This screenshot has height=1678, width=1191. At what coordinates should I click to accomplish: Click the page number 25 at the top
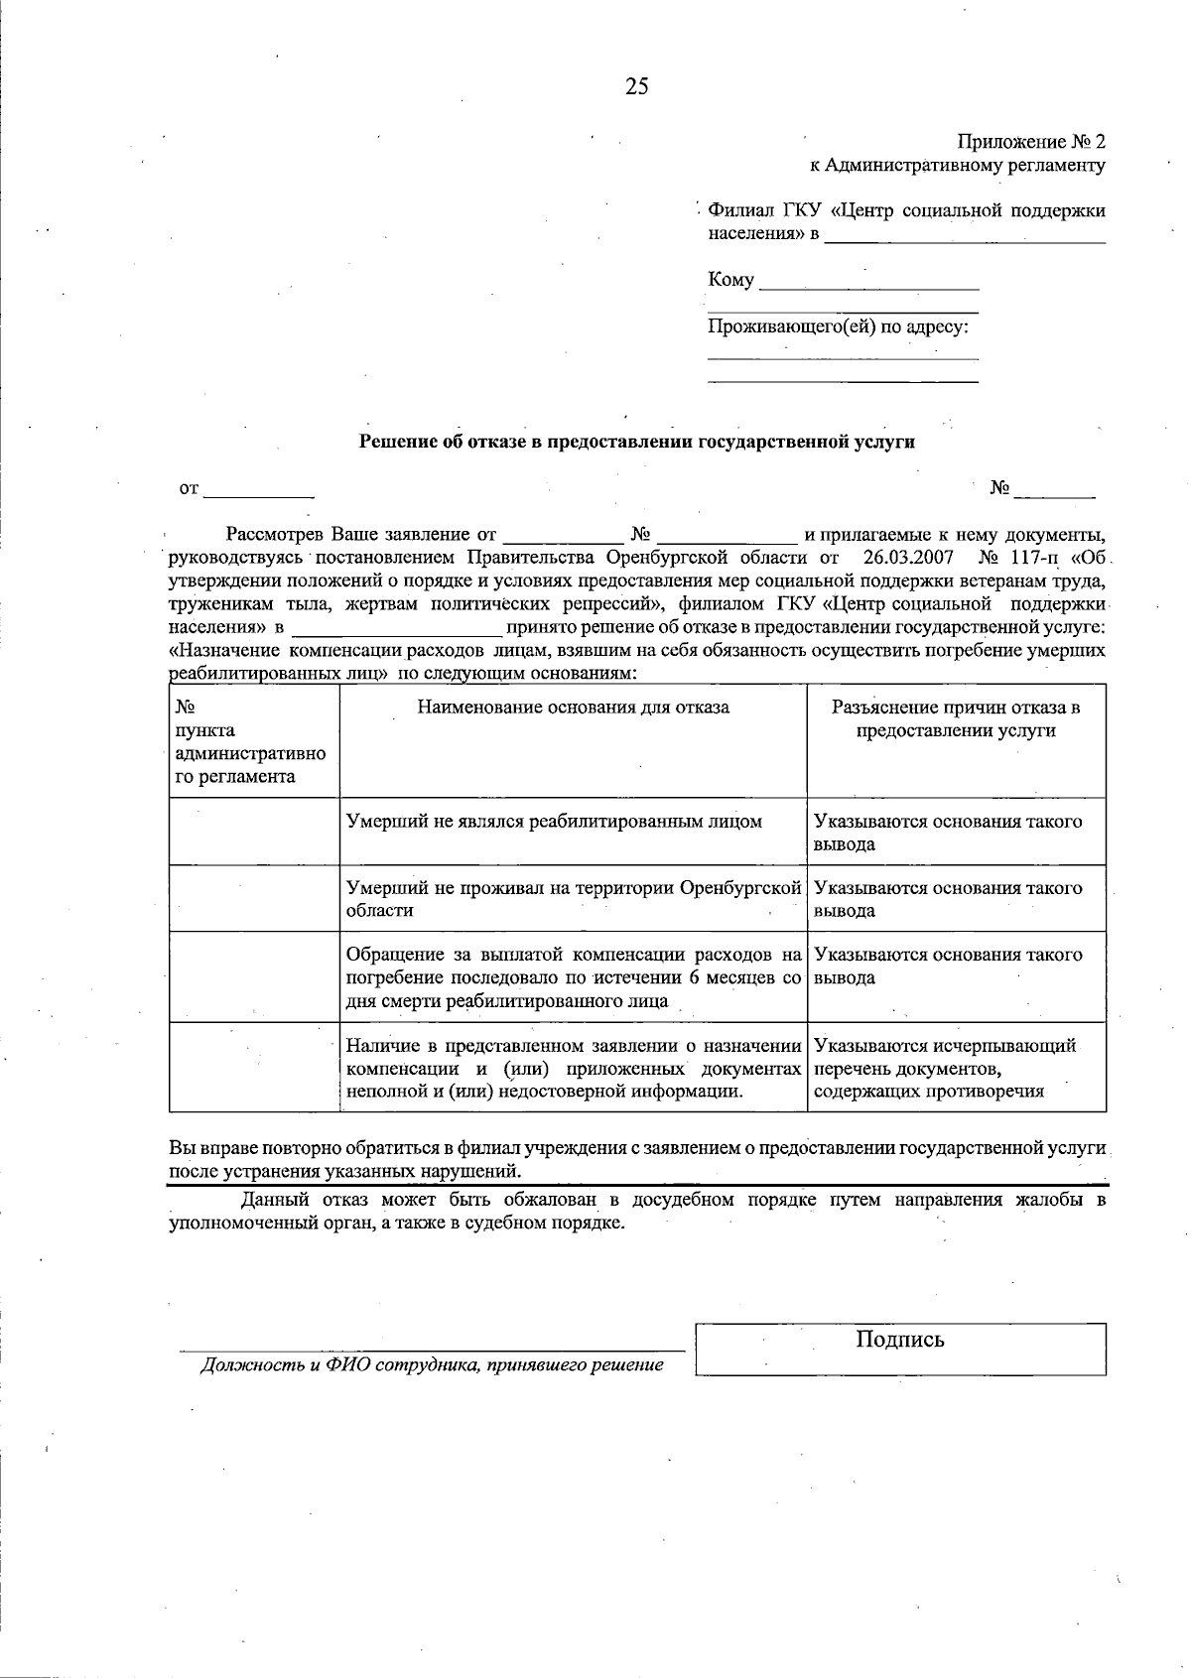click(x=636, y=86)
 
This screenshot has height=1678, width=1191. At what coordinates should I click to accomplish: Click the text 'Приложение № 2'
click(x=1031, y=142)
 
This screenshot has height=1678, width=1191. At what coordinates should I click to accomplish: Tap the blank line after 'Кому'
click(x=867, y=282)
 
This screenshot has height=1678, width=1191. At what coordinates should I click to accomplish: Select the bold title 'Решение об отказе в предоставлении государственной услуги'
click(x=636, y=443)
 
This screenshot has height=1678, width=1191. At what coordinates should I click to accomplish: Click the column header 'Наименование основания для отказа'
click(x=573, y=708)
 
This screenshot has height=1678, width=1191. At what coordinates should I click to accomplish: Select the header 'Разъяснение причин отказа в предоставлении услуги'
click(x=956, y=719)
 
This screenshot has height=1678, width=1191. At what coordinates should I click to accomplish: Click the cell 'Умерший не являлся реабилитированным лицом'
click(x=554, y=822)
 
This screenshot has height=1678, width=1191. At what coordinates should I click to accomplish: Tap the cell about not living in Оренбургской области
click(x=573, y=898)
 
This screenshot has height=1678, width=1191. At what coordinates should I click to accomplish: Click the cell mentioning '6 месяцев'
click(x=573, y=977)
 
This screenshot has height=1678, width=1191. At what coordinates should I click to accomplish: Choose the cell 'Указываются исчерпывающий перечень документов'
click(x=945, y=1069)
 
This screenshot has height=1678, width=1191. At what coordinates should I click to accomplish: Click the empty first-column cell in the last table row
click(x=254, y=1068)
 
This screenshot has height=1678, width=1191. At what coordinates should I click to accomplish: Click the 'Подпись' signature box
click(x=900, y=1349)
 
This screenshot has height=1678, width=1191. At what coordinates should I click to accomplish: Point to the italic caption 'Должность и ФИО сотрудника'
click(x=432, y=1365)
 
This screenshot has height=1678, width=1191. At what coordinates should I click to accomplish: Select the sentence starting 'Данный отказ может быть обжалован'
click(x=636, y=1211)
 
